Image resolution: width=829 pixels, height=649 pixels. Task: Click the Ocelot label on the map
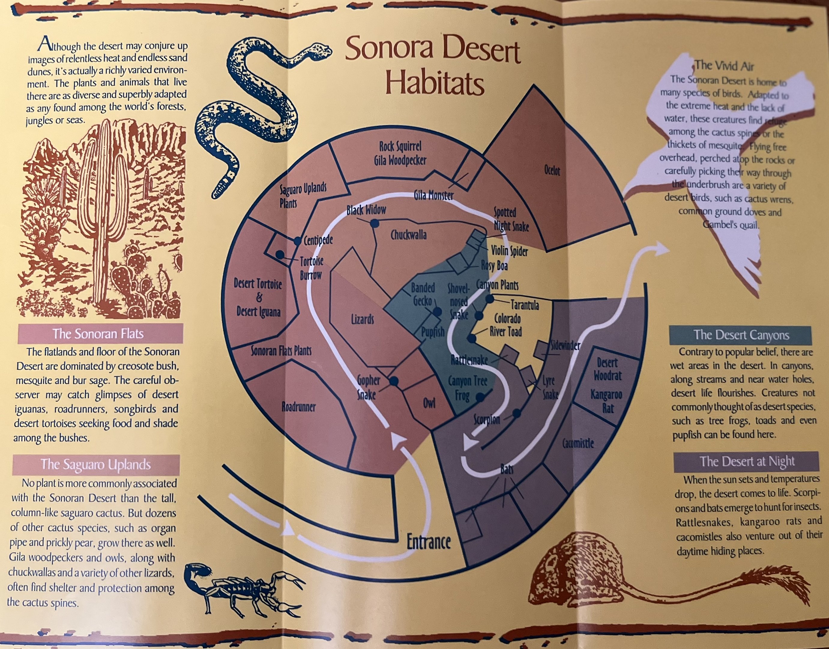tap(552, 171)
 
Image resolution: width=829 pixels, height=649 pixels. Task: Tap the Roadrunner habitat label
tap(299, 407)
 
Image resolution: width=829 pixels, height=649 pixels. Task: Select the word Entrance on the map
tap(429, 542)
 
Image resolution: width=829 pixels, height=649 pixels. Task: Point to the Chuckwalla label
tap(409, 235)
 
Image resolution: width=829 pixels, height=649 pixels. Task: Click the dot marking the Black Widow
tap(375, 224)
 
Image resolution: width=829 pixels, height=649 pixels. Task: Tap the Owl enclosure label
tap(429, 403)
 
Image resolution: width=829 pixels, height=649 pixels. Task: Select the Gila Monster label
tap(433, 196)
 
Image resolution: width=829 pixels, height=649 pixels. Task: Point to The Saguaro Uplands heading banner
tap(96, 464)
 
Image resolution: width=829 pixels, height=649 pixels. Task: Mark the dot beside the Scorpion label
tap(517, 413)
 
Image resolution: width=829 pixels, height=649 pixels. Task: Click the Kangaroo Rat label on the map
tap(606, 401)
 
